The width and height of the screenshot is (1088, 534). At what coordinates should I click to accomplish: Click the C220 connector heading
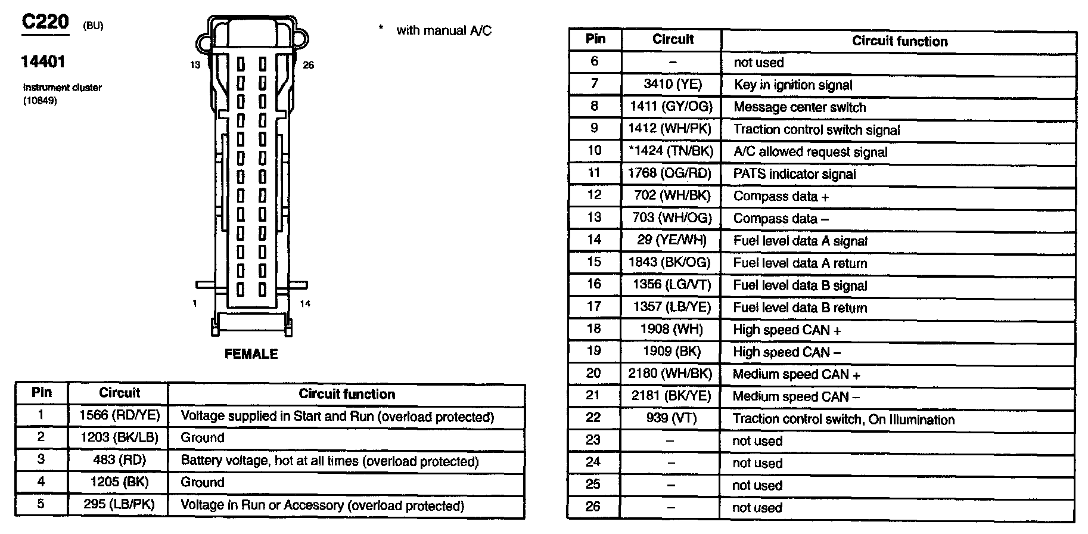coord(45,23)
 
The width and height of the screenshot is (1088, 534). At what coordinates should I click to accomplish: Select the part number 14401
coord(43,61)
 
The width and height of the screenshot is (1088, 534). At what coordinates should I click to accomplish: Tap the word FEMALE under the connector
coord(251,354)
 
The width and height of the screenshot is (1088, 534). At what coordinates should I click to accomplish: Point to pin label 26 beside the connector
coord(308,65)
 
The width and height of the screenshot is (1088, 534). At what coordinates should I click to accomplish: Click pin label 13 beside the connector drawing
coord(195,64)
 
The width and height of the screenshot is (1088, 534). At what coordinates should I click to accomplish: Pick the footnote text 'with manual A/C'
coord(444,30)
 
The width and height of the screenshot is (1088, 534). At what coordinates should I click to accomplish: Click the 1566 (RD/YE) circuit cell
coord(119,415)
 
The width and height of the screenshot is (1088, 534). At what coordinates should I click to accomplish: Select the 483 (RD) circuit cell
coord(119,460)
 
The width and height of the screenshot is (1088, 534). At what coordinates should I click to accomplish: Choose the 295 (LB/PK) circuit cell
coord(119,505)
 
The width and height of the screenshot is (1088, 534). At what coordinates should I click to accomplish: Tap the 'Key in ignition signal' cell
coord(792,85)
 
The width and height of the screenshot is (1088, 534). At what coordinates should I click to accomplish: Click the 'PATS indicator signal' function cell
coord(794,174)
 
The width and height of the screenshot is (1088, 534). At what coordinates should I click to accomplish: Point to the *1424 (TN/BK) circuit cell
coord(671,151)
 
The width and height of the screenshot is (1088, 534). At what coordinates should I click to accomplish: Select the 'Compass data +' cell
coord(781,196)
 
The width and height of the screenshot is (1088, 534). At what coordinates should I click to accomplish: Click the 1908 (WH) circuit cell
coord(672,329)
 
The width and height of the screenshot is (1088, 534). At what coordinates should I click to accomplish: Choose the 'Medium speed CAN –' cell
coord(796,396)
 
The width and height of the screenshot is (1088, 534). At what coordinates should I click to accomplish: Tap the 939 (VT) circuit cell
coord(671,418)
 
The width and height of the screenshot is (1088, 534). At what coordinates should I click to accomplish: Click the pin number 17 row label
coord(594,306)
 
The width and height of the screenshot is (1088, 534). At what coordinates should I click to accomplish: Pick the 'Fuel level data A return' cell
coord(800,263)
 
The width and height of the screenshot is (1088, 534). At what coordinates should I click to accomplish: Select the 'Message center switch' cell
coord(800,107)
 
